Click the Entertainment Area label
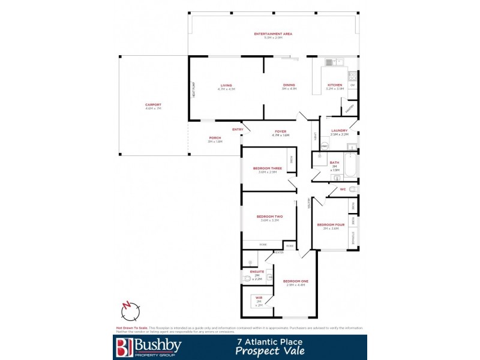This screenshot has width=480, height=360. [x=273, y=34]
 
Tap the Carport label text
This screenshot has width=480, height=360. [x=153, y=104]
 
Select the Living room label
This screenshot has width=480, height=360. [x=226, y=86]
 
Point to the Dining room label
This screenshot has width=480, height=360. [x=289, y=85]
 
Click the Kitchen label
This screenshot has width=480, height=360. [x=334, y=85]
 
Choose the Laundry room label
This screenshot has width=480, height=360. [x=339, y=130]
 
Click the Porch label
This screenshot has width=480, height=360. [x=215, y=137]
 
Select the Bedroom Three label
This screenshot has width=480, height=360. [x=268, y=168]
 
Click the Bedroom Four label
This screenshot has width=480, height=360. [x=331, y=224]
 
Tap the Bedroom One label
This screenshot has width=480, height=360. [x=295, y=281]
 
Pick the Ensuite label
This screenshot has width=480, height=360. [x=257, y=272]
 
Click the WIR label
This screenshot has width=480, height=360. [x=259, y=298]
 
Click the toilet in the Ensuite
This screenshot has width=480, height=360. [x=247, y=279]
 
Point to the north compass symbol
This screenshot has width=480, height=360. [x=130, y=311]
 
